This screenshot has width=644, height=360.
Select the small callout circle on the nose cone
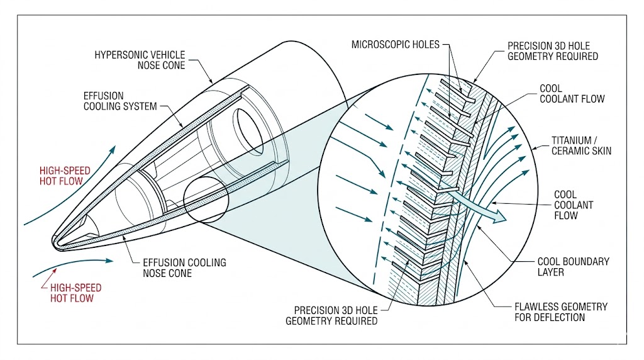click(x=206, y=200)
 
